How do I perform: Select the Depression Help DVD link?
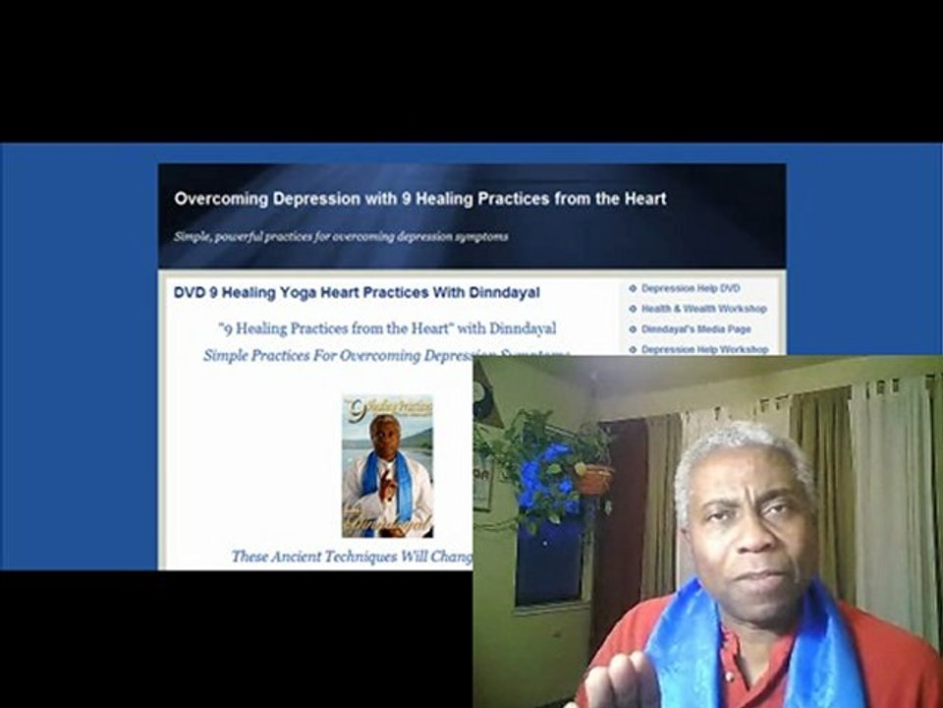pyautogui.click(x=690, y=288)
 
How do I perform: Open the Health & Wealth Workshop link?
pyautogui.click(x=703, y=309)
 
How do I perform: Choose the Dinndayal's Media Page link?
pyautogui.click(x=695, y=329)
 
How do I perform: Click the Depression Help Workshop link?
pyautogui.click(x=704, y=350)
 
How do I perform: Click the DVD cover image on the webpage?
pyautogui.click(x=387, y=466)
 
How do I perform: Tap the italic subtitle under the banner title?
pyautogui.click(x=341, y=237)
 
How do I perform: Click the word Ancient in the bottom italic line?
pyautogui.click(x=315, y=557)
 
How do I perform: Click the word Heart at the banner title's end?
pyautogui.click(x=645, y=199)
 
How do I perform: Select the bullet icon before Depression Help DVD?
pyautogui.click(x=633, y=288)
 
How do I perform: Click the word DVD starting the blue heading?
pyautogui.click(x=188, y=293)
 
